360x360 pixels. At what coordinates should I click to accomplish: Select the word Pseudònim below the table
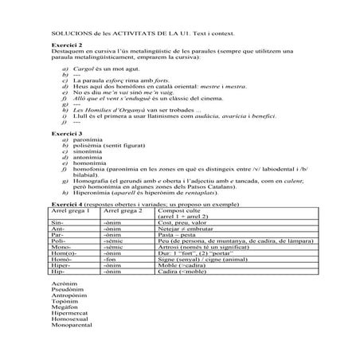point(67,291)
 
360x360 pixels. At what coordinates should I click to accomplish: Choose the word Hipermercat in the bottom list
point(68,315)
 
